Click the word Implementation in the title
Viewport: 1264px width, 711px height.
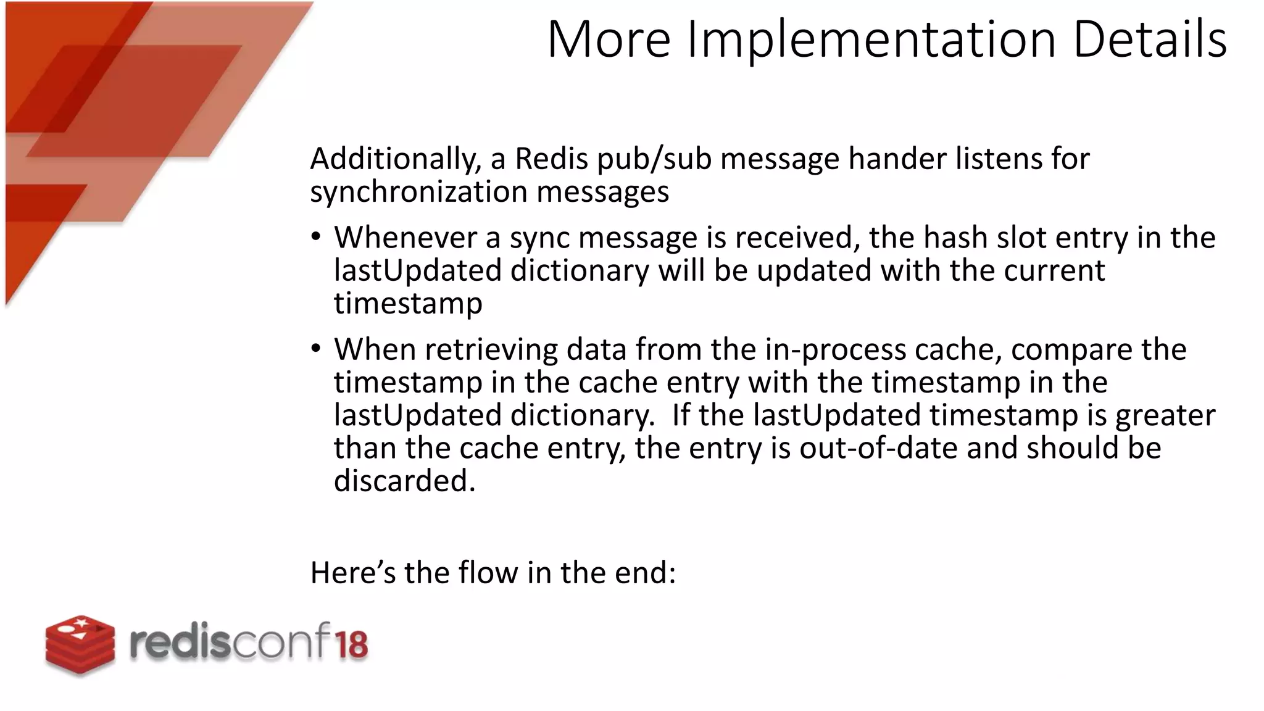[x=871, y=39]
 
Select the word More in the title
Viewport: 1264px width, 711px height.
[x=609, y=39]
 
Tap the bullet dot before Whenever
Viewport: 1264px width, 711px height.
[x=316, y=237]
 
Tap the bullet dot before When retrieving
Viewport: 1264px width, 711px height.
[x=316, y=349]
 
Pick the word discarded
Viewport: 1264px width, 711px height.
[x=404, y=481]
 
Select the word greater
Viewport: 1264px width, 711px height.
[x=1165, y=415]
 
